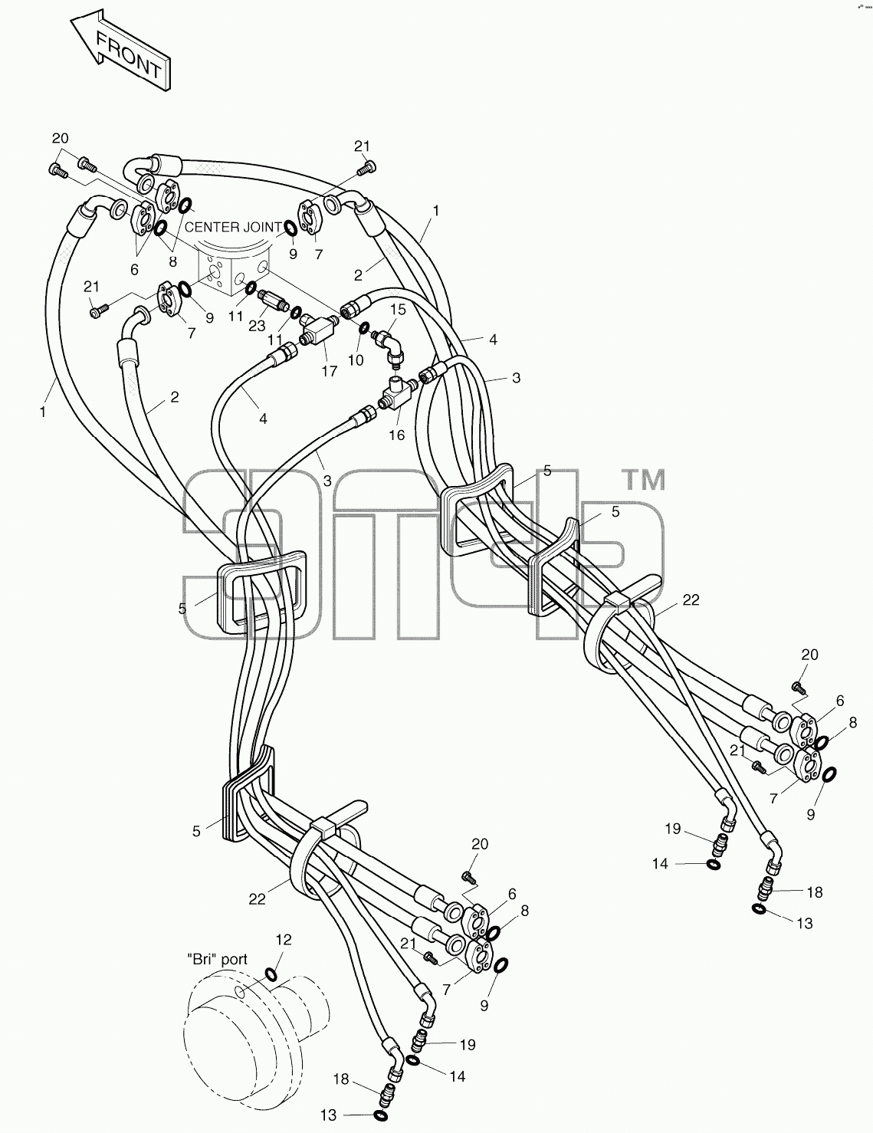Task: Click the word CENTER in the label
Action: (210, 227)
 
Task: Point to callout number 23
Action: (257, 325)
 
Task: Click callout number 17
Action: (329, 371)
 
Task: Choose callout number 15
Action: (398, 309)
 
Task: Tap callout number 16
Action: (396, 435)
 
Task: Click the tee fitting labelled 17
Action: (319, 333)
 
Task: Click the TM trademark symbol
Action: (645, 480)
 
